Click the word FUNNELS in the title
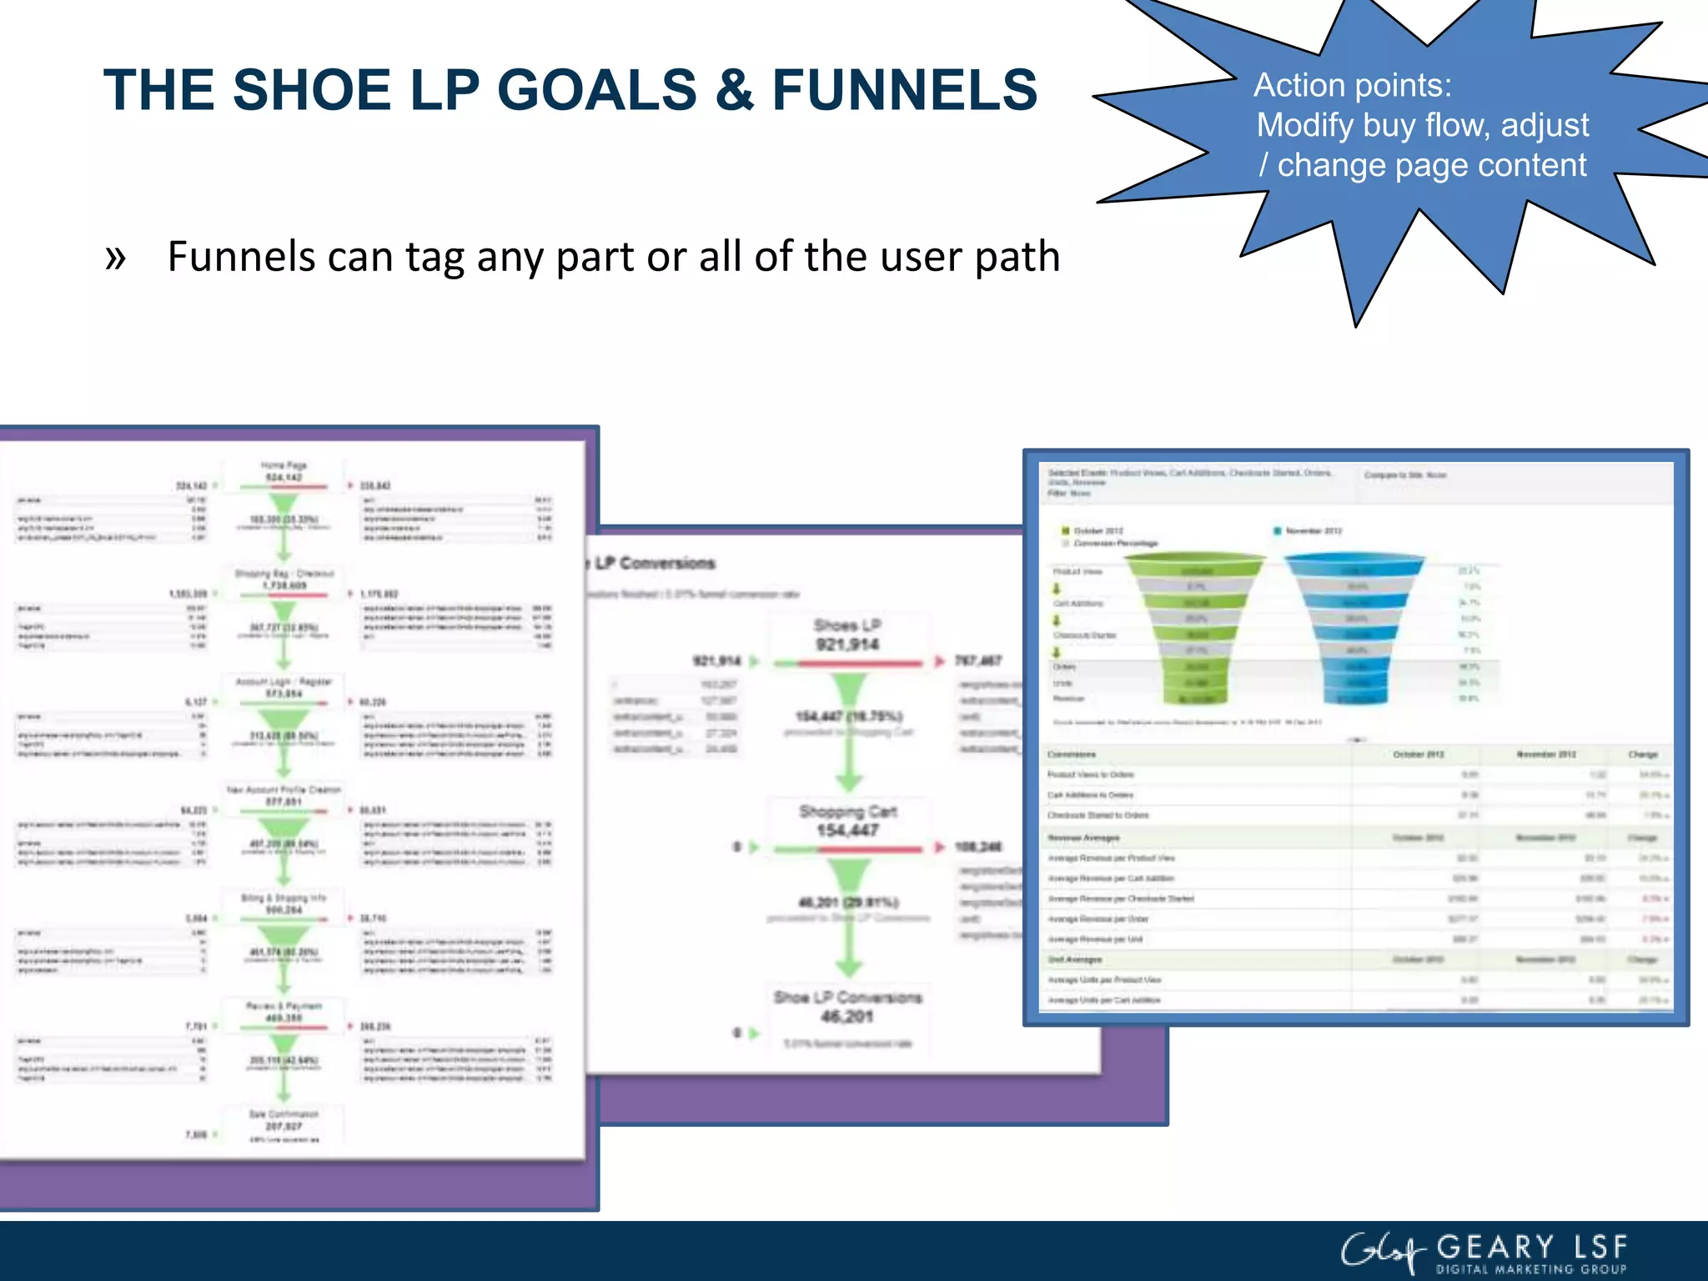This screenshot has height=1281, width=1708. coord(904,90)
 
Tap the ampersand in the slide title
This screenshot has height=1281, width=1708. coord(733,90)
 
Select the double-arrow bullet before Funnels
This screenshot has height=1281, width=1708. coord(116,257)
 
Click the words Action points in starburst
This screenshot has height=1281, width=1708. coord(1352,85)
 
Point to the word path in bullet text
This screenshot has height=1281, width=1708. coord(1017,257)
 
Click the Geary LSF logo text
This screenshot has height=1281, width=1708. coord(1531,1248)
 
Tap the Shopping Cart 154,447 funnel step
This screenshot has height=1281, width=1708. coord(847,821)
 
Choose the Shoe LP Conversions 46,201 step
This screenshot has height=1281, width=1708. coord(847,1007)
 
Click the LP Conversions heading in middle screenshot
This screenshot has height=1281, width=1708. coord(655,563)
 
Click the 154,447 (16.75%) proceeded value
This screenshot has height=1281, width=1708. coord(848,716)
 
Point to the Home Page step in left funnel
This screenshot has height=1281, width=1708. coord(284,471)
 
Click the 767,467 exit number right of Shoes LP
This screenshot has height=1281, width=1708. coord(977,661)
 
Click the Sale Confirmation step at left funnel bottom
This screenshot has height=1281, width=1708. coord(284,1120)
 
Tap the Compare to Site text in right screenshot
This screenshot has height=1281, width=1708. coord(1404,475)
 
